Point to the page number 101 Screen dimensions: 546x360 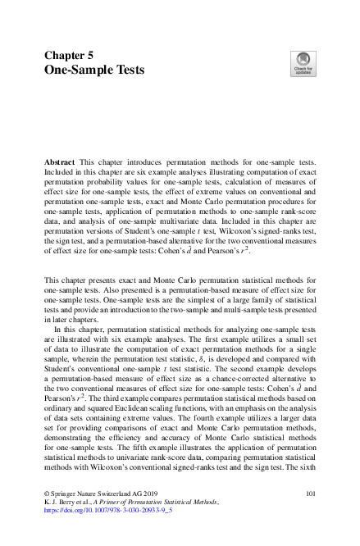coord(311,494)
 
